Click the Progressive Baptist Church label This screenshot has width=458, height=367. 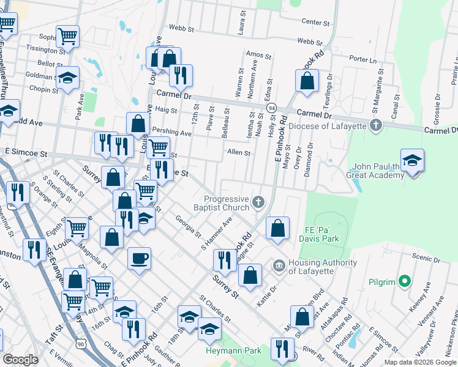[226, 203]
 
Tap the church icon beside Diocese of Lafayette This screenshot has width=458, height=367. [376, 126]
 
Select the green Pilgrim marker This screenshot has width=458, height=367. [404, 281]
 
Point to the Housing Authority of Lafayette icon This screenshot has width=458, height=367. [279, 265]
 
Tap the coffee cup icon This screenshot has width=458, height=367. [139, 258]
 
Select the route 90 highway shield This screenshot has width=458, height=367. [81, 346]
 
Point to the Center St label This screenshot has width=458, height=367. [316, 22]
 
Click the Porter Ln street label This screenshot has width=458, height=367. [364, 59]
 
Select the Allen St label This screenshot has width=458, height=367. [239, 153]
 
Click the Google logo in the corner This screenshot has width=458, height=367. [20, 360]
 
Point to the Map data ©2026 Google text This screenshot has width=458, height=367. [419, 362]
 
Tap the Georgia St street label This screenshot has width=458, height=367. [188, 226]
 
